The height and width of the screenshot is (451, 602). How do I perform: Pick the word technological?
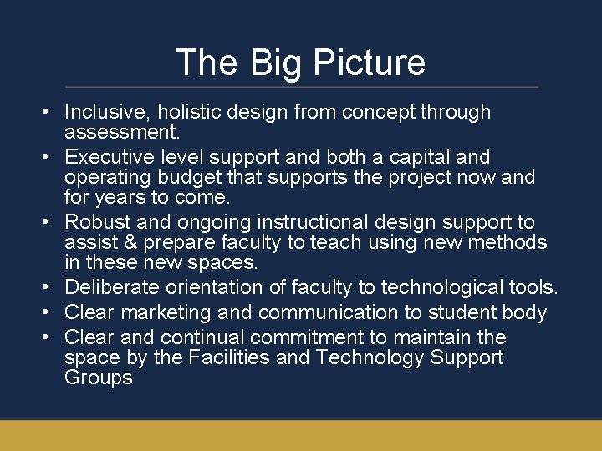[x=442, y=287]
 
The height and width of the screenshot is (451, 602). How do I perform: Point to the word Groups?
[x=98, y=378]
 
